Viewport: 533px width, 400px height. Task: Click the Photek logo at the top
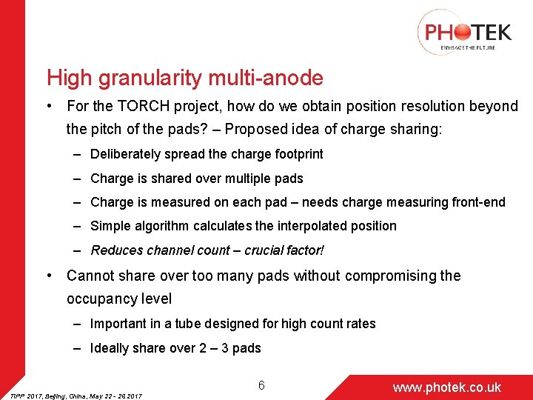tap(465, 33)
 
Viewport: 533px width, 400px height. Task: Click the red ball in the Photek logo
tap(460, 32)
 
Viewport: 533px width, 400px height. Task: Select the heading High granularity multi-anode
tap(185, 77)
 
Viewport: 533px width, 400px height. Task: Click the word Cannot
tap(91, 276)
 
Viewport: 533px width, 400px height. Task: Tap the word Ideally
tap(110, 348)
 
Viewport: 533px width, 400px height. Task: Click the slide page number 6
tap(261, 385)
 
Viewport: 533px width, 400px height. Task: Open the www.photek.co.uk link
tap(446, 387)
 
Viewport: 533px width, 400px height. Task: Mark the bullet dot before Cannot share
tap(48, 276)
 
